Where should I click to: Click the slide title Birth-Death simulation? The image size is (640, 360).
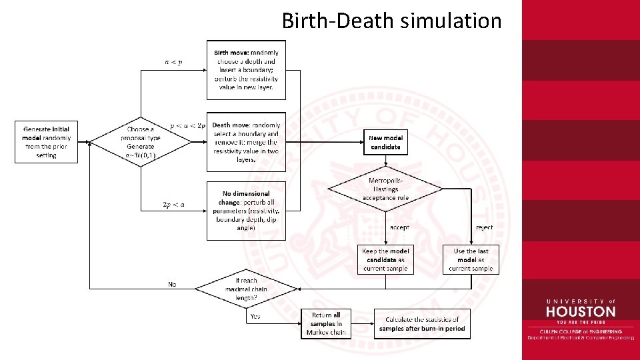pos(391,21)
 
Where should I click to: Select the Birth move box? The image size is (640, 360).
pos(246,69)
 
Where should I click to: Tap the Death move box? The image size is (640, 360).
pos(246,141)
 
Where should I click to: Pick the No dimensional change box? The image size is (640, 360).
pos(246,211)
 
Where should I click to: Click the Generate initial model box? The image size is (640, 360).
pos(46,141)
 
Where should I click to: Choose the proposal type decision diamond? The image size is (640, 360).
pos(140,141)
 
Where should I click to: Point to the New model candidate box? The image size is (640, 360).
pos(385,142)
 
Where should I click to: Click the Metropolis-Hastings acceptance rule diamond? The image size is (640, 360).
pos(385,189)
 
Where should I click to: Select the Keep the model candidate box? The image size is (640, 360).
pos(385,260)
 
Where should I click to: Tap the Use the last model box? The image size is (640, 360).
pos(471,260)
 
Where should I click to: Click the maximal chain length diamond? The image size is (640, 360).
pos(246,288)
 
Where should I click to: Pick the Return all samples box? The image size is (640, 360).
pos(326,323)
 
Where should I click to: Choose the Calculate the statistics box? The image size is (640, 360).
pos(422,324)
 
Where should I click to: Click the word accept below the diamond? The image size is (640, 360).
pos(399,227)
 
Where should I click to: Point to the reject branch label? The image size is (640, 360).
pos(485,227)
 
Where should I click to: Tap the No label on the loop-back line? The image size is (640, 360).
pos(172,284)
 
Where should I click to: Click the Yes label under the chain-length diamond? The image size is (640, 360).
pos(255,317)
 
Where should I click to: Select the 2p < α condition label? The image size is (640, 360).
pos(173,205)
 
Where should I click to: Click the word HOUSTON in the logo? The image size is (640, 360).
pos(580,311)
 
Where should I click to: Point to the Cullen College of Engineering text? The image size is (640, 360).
pos(580,331)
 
